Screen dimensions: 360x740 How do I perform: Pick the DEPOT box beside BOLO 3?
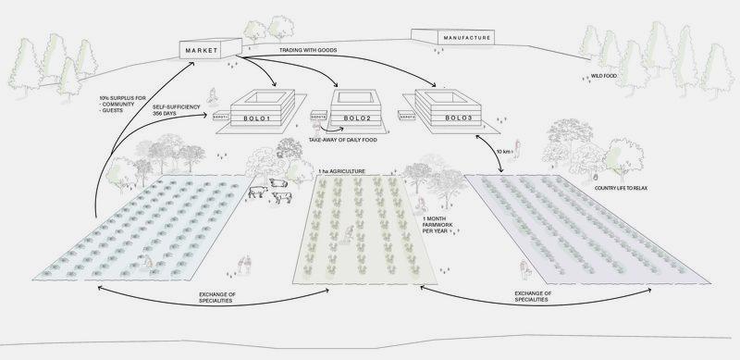coord(403,116)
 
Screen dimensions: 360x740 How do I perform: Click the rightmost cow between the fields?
coord(280,195)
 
